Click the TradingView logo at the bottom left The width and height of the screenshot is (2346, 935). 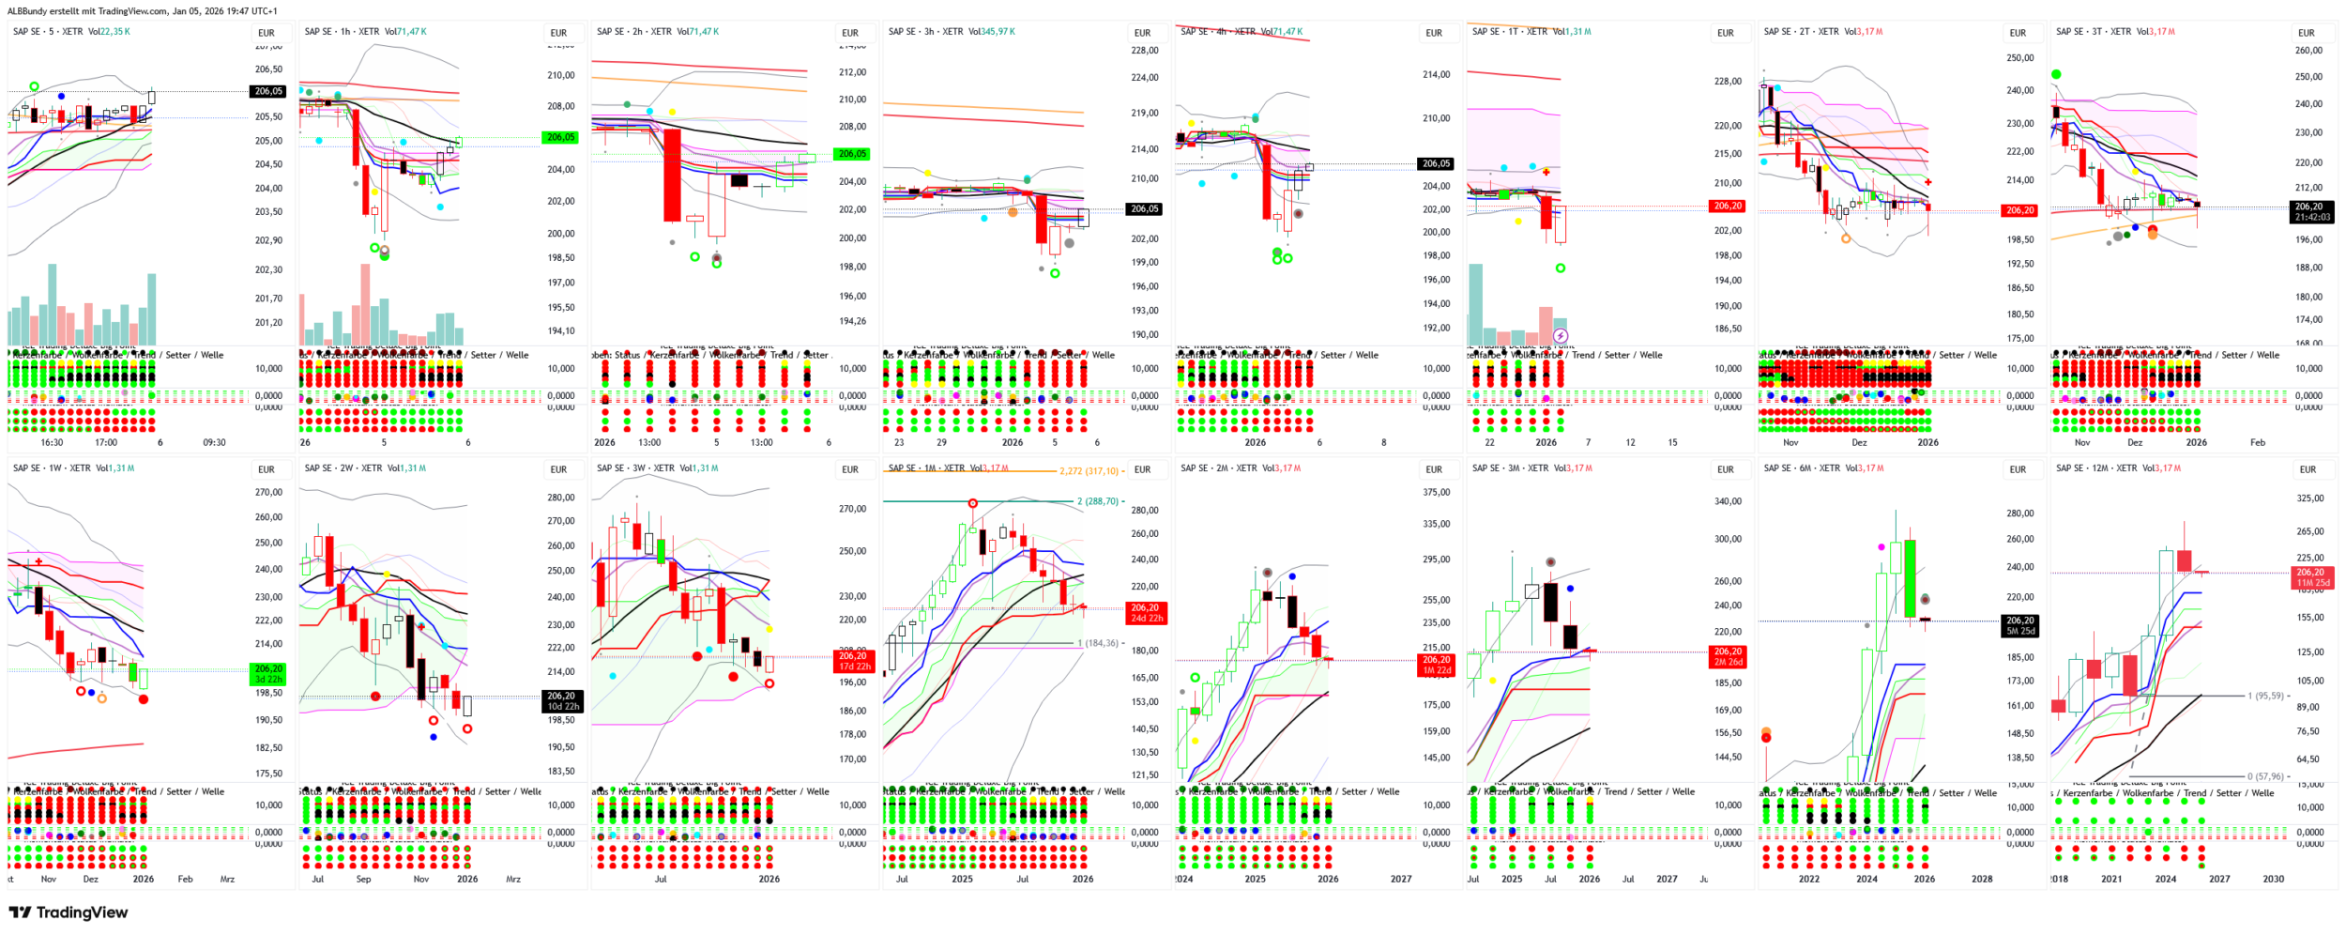[68, 912]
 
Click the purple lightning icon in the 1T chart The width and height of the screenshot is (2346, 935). [1561, 335]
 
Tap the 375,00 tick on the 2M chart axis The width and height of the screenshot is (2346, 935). [1436, 492]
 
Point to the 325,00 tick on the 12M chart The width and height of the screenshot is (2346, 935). [2309, 498]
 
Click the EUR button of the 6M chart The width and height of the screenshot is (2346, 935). [2018, 469]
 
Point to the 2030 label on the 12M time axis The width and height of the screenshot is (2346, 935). [2273, 880]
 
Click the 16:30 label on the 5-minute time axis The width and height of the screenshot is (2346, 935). [52, 443]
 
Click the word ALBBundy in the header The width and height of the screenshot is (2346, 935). [29, 11]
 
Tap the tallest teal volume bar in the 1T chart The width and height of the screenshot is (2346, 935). [1476, 305]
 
